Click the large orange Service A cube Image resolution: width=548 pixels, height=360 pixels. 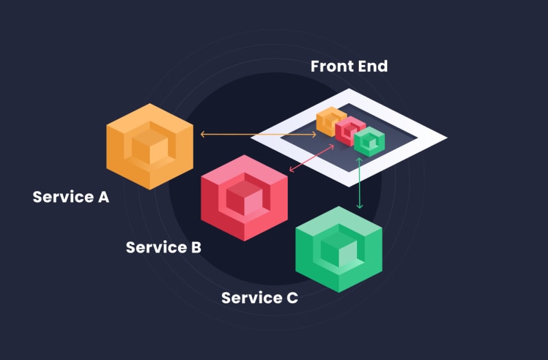coord(150,146)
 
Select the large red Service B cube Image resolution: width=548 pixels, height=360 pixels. coord(244,198)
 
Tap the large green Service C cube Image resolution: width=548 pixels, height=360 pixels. coord(338,249)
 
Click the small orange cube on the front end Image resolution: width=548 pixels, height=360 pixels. coord(330,121)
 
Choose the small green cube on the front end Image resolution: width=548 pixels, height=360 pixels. coord(370,141)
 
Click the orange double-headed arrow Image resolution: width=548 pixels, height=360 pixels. coord(258,135)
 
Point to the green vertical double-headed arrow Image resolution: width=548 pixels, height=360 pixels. coord(360,183)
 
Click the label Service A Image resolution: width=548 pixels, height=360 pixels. coord(71,197)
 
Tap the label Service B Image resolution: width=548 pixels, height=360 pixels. coord(163,247)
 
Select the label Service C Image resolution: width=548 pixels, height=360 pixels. coord(260,298)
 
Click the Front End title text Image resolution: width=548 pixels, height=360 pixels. coord(349,66)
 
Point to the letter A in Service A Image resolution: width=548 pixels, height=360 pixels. coord(103,197)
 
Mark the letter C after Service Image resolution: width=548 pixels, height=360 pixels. coord(292,298)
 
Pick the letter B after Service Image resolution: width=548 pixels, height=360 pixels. coord(195,247)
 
